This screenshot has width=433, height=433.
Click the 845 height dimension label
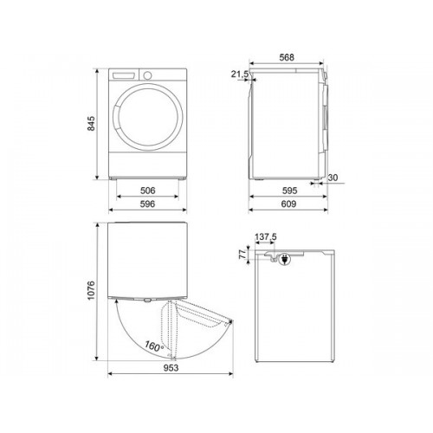coord(91,124)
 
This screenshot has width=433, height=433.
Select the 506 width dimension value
coord(147,191)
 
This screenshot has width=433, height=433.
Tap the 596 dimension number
coord(147,204)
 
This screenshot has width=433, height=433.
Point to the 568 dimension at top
coord(287,57)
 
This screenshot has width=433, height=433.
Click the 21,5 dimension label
coord(240,74)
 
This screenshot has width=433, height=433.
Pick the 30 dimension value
coord(333,178)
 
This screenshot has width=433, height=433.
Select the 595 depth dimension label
coord(289,191)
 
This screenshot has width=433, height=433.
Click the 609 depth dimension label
coord(288,204)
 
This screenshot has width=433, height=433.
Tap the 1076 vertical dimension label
coord(91,290)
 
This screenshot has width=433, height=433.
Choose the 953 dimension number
coord(171,368)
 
